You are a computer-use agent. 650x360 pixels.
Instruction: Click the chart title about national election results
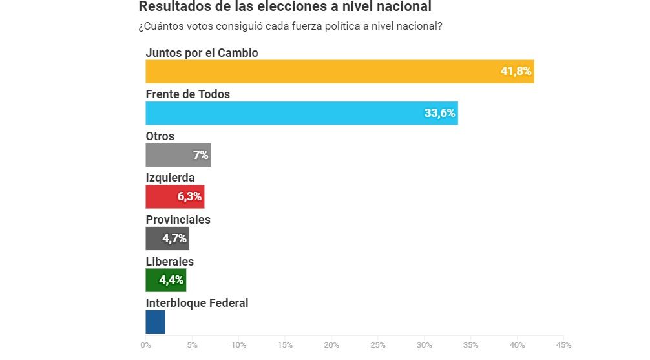pyautogui.click(x=285, y=7)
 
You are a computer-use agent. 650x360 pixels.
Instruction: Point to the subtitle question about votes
pyautogui.click(x=290, y=26)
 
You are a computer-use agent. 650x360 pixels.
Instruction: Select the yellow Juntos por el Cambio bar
pyautogui.click(x=323, y=71)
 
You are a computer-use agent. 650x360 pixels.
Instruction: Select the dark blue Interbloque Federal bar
pyautogui.click(x=156, y=322)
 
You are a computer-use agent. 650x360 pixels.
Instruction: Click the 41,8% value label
pyautogui.click(x=516, y=71)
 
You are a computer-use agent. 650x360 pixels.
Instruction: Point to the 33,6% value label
pyautogui.click(x=439, y=113)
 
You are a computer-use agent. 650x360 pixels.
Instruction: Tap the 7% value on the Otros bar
pyautogui.click(x=200, y=155)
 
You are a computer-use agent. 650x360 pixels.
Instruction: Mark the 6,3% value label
pyautogui.click(x=189, y=196)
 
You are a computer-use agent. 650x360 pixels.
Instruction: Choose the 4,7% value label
pyautogui.click(x=174, y=238)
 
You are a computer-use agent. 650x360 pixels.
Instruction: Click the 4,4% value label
pyautogui.click(x=171, y=280)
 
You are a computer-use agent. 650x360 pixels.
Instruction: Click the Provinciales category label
pyautogui.click(x=178, y=220)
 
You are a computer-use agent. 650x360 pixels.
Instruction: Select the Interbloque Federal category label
pyautogui.click(x=197, y=303)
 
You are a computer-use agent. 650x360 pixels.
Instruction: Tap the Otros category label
pyautogui.click(x=160, y=136)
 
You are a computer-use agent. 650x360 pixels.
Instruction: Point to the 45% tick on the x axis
pyautogui.click(x=563, y=345)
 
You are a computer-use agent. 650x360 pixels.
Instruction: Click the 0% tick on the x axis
pyautogui.click(x=146, y=345)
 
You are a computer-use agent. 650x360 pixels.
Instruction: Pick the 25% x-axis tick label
pyautogui.click(x=378, y=345)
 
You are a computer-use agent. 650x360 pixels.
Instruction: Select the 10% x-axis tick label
pyautogui.click(x=238, y=345)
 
